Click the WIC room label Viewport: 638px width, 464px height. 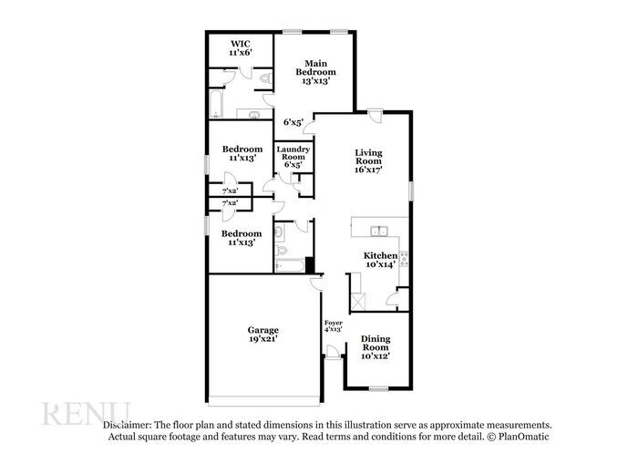[x=241, y=48]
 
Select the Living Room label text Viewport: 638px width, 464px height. [x=368, y=161]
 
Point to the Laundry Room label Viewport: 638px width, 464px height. [x=293, y=157]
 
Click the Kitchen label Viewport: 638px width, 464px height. [x=381, y=260]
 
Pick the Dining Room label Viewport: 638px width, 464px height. [x=376, y=348]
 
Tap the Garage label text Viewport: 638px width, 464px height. [x=263, y=334]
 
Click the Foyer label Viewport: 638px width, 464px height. [x=334, y=325]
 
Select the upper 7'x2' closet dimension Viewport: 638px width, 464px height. [x=230, y=191]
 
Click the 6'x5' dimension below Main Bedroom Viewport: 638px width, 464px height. [x=293, y=121]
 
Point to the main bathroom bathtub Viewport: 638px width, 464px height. [x=216, y=105]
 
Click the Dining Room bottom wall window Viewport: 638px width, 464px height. [x=377, y=389]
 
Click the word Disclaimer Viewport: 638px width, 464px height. [x=127, y=425]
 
